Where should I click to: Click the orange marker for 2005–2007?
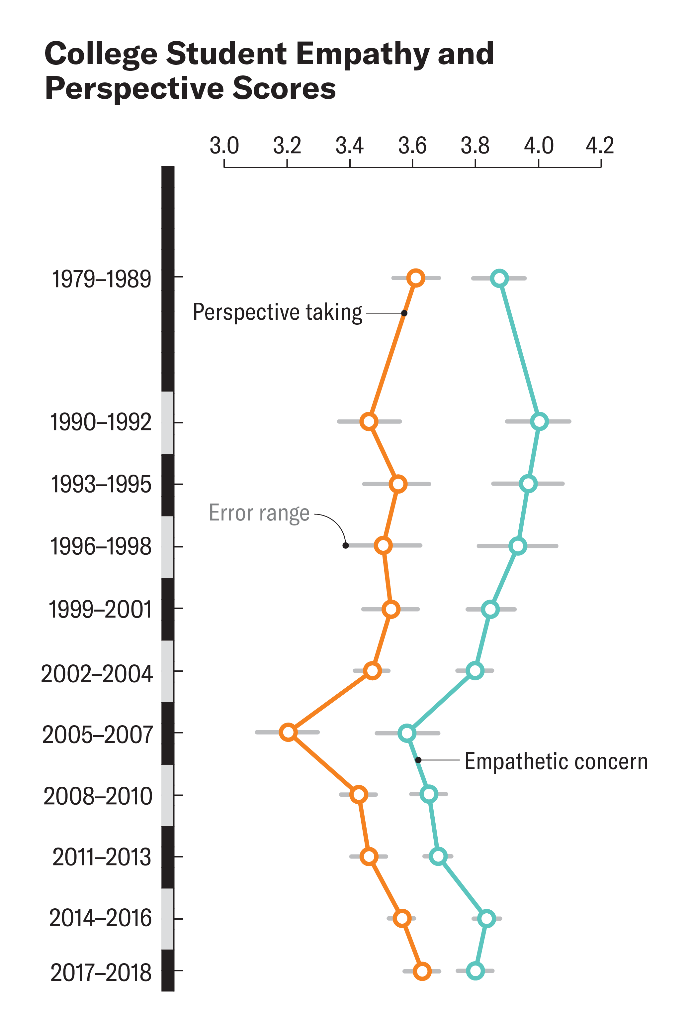click(288, 732)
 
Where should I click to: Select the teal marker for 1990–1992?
click(539, 421)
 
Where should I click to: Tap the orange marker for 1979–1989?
click(416, 278)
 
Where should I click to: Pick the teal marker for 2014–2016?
click(486, 919)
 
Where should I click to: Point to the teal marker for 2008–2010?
click(429, 794)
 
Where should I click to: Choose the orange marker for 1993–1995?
click(398, 484)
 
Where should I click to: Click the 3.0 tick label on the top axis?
click(224, 146)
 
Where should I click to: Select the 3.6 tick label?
click(412, 146)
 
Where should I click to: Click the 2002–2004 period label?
click(97, 674)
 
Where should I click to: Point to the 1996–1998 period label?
click(101, 547)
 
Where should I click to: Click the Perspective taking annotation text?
click(277, 313)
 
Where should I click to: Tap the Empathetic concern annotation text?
click(556, 761)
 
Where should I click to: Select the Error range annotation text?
click(259, 513)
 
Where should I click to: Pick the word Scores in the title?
click(284, 88)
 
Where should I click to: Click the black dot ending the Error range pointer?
click(346, 545)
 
